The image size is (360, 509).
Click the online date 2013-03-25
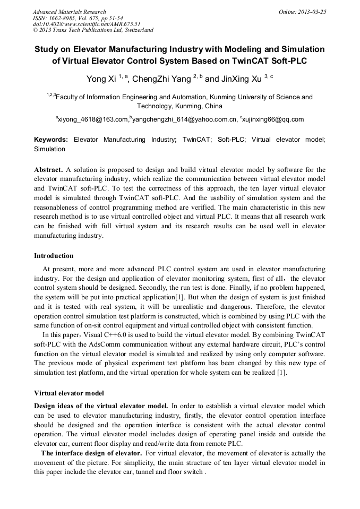[312, 12]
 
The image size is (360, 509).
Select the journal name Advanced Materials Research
[69, 12]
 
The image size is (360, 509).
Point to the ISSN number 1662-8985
[62, 18]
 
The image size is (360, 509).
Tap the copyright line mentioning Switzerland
[93, 30]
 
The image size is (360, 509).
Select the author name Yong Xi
[101, 79]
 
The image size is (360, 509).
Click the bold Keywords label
[50, 140]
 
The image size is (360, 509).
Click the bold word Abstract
[48, 170]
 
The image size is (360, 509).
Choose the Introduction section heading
[54, 256]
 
